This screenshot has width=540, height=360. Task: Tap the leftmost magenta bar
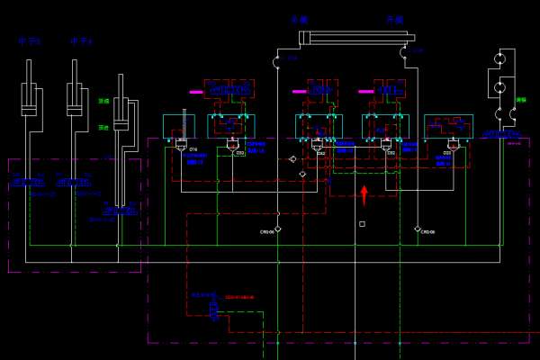[x=195, y=92]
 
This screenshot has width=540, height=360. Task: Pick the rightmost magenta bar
[x=365, y=91]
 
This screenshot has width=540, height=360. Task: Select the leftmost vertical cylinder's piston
[x=30, y=110]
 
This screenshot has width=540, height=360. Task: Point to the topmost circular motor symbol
[x=499, y=59]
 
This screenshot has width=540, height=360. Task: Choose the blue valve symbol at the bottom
[x=213, y=311]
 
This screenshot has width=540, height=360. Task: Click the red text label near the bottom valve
[x=239, y=297]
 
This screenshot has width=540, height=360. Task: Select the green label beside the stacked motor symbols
[x=520, y=101]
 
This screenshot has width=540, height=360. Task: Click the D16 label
[x=193, y=149]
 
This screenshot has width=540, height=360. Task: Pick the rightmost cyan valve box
[x=448, y=127]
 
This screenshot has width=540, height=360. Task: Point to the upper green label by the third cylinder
[x=104, y=102]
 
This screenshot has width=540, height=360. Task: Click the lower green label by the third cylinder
[x=103, y=128]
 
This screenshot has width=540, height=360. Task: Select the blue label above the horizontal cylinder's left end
[x=299, y=19]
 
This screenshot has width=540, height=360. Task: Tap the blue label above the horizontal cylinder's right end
[x=394, y=19]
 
